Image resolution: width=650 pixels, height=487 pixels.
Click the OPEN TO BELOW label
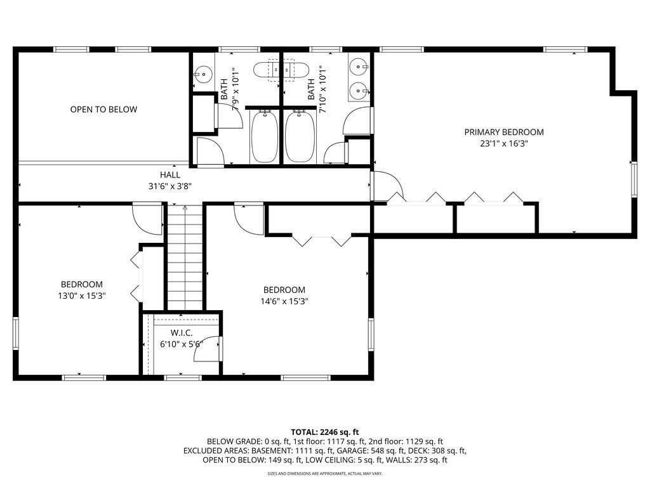coord(103,109)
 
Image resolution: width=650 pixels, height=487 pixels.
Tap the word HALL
coord(170,175)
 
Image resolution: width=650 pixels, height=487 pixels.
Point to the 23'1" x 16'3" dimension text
coord(504,144)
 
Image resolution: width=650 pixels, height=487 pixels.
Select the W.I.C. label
coord(182,333)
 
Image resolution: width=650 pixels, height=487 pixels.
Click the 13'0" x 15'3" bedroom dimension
coord(82,295)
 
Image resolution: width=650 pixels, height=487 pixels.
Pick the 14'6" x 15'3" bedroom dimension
coord(284,301)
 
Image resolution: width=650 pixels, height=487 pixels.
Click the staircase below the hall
coord(185,257)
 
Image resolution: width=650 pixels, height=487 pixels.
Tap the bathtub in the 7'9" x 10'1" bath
coord(264,136)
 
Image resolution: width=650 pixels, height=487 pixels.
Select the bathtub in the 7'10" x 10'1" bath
coord(300,136)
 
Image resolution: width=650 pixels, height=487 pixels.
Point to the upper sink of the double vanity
coord(358,66)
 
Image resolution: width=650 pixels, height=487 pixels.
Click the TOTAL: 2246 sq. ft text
coord(324,432)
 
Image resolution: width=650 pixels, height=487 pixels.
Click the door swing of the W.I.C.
coord(208,349)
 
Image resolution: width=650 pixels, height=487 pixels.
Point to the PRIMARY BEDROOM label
coord(504,132)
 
